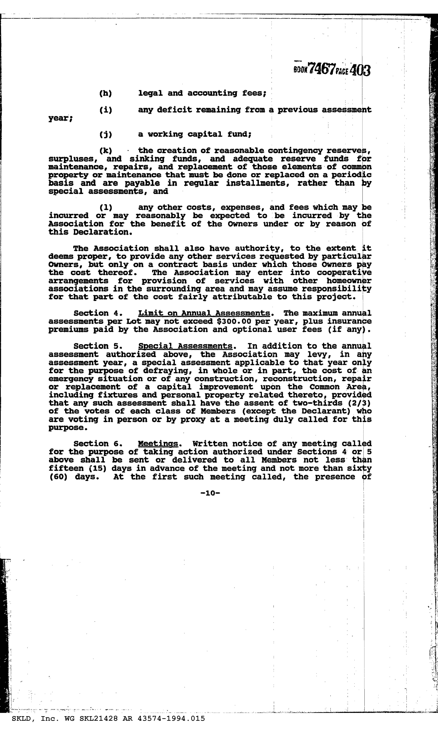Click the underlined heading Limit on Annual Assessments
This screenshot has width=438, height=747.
coord(204,313)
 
